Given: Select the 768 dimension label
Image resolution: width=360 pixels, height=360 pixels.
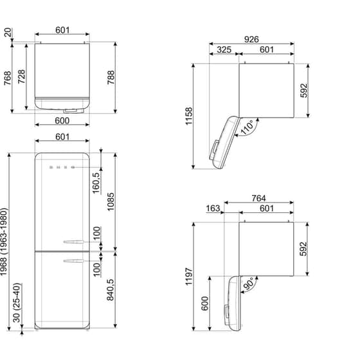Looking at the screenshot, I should (x=7, y=78).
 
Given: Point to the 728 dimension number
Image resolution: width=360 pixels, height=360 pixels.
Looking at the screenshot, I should (x=22, y=78).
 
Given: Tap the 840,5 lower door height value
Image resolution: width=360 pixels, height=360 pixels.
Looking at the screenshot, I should (x=111, y=289).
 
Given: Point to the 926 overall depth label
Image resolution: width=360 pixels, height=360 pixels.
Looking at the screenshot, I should (x=251, y=39).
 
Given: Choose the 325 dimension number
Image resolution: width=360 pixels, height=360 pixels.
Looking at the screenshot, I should (x=224, y=50).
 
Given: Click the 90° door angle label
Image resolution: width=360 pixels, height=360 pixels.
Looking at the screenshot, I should (x=248, y=283).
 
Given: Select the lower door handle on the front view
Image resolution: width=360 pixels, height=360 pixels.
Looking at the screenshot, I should (x=73, y=260).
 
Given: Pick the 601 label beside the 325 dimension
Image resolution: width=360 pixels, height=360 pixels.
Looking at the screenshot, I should (x=266, y=50).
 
